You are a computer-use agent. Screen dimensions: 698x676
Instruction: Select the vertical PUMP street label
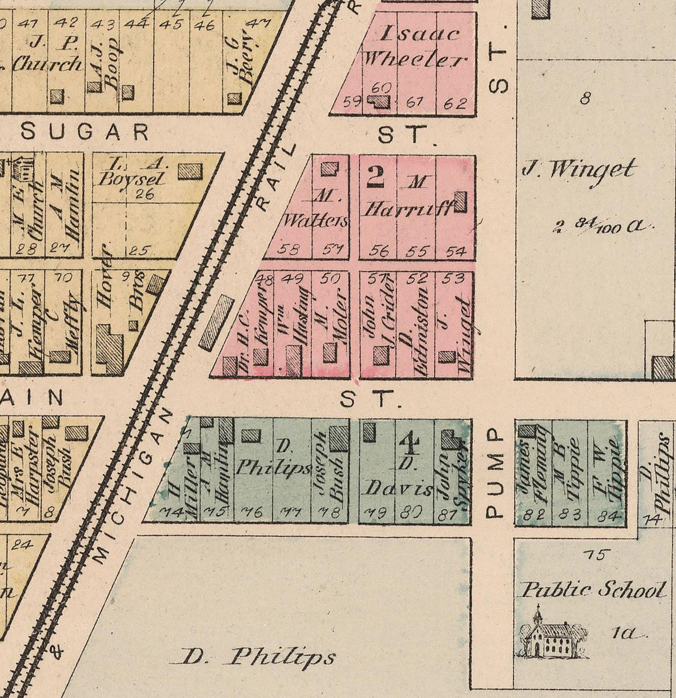(494, 474)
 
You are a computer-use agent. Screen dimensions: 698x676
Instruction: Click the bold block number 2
(376, 176)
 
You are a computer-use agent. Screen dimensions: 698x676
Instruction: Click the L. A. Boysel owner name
(131, 172)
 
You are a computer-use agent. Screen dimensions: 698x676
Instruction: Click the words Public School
(594, 590)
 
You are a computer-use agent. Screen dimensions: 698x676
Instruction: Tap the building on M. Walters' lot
(330, 168)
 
